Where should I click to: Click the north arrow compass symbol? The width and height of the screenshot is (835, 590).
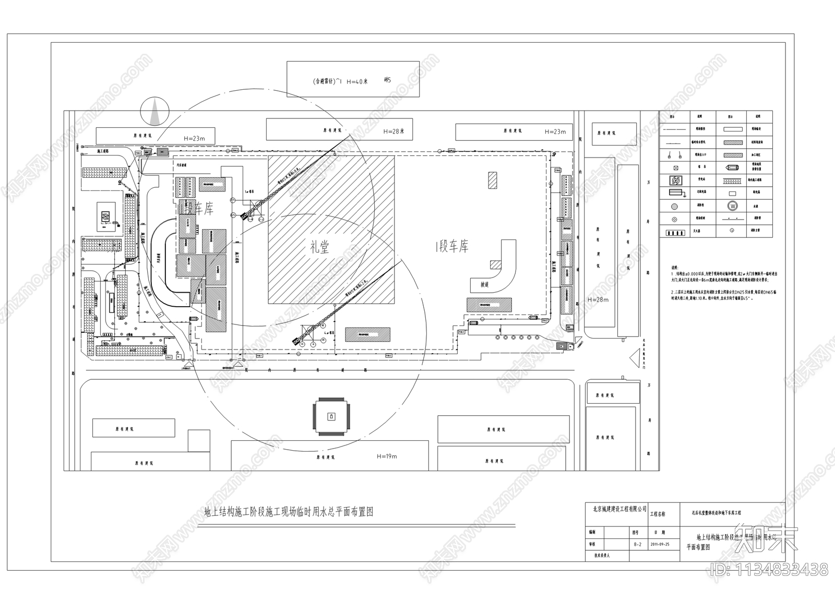[x=154, y=111]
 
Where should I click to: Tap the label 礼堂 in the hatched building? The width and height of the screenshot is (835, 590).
[x=319, y=247]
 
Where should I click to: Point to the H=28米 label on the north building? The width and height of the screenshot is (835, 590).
[x=394, y=131]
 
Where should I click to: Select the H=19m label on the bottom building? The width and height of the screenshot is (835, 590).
[x=387, y=456]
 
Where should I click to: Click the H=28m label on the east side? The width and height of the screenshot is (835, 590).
[x=598, y=300]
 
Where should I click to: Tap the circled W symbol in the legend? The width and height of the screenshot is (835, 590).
[x=733, y=206]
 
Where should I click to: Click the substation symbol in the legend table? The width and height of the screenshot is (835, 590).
[x=676, y=180]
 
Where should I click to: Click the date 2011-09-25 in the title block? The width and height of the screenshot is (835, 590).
[x=660, y=544]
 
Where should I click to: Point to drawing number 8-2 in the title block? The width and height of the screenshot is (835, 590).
[x=637, y=544]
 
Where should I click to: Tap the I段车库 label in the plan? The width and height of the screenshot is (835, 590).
[x=452, y=247]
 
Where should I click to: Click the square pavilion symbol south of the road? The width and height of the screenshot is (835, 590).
[x=331, y=416]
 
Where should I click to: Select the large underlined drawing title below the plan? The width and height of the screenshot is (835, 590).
[x=289, y=512]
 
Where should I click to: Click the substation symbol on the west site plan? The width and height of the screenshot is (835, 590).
[x=106, y=215]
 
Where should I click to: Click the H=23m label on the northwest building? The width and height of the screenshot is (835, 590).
[x=194, y=138]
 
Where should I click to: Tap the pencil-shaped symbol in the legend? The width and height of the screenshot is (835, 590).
[x=733, y=168]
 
